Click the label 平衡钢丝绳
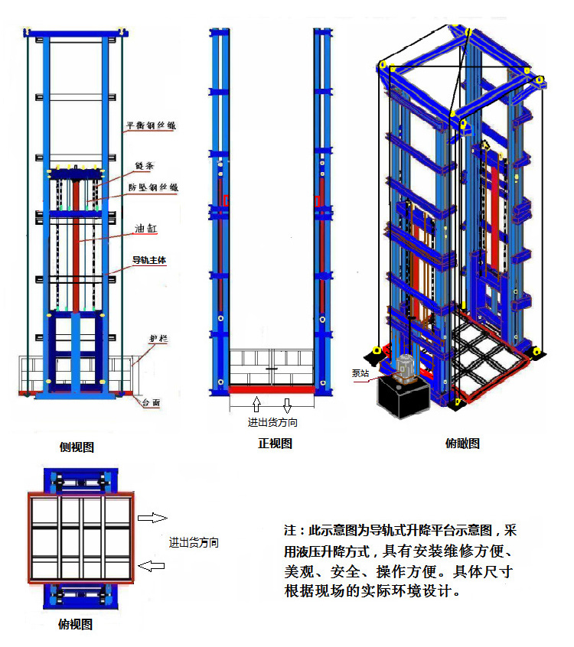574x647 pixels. (x=151, y=127)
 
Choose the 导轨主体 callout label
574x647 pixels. (x=149, y=260)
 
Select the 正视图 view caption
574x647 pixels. (x=273, y=443)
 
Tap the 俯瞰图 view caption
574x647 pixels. (x=461, y=443)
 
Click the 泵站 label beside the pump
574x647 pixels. (x=360, y=373)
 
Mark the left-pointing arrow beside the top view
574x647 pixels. (x=152, y=566)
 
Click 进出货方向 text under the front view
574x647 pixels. (x=273, y=422)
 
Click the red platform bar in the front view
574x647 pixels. (x=272, y=389)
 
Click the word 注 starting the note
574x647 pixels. (x=289, y=530)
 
